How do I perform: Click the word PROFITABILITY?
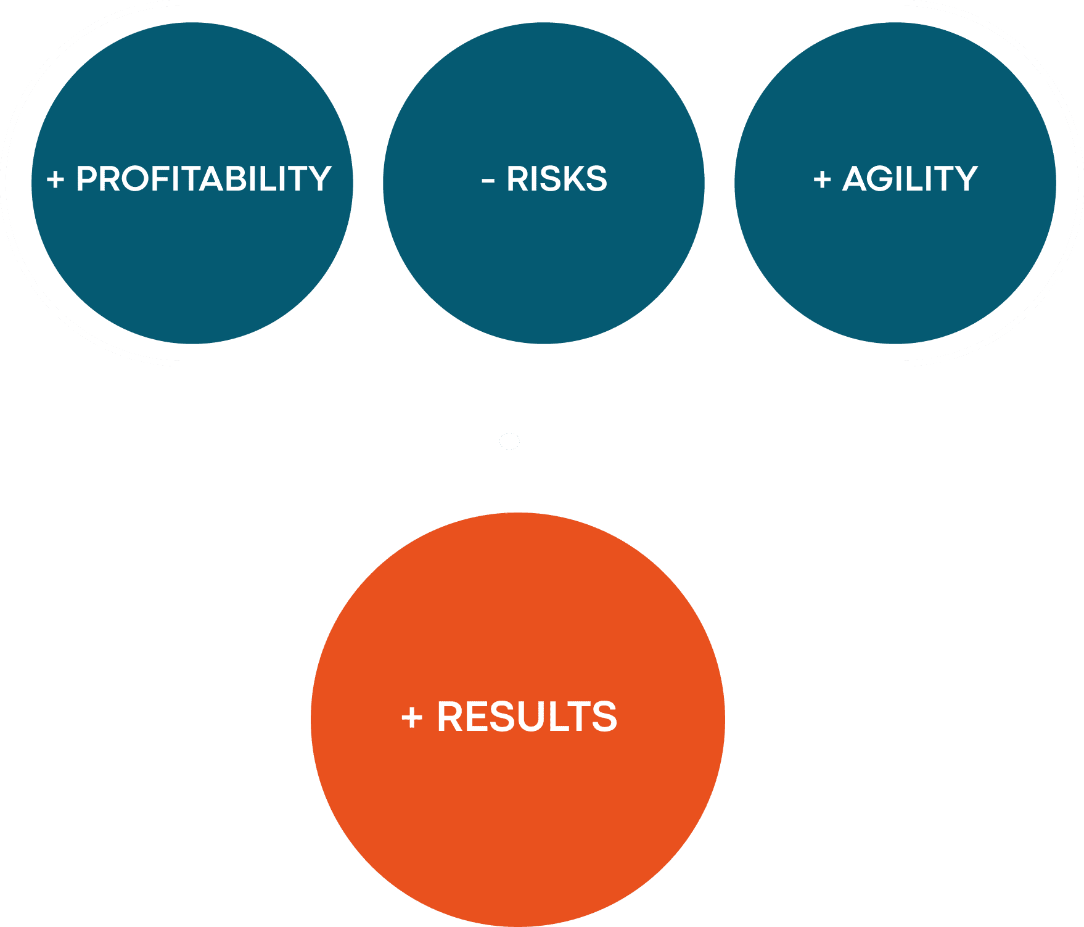(x=203, y=179)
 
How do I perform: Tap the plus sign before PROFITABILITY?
(x=55, y=180)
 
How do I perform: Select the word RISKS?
(x=557, y=179)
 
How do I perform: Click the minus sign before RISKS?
(x=488, y=181)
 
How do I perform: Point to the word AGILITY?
(x=910, y=179)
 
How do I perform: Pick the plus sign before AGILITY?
(x=822, y=180)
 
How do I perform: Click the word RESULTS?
(x=527, y=717)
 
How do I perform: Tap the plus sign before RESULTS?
(x=412, y=718)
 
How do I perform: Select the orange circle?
(x=518, y=719)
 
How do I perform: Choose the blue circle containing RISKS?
(x=544, y=183)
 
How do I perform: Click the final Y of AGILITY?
(x=965, y=179)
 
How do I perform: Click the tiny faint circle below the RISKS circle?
(x=509, y=441)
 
